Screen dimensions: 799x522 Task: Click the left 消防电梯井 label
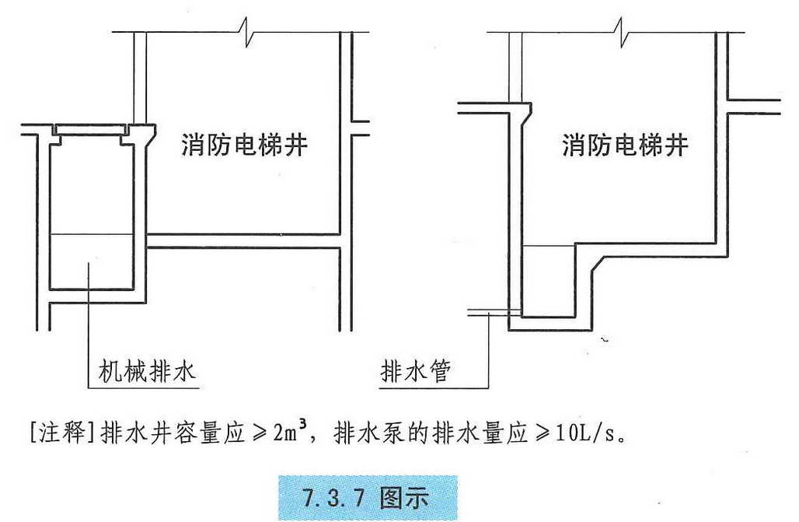point(245,145)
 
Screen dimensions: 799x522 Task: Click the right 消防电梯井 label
point(625,145)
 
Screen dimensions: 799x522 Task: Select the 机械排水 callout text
point(147,371)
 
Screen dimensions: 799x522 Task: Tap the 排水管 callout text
point(415,371)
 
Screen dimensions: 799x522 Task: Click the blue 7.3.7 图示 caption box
point(368,498)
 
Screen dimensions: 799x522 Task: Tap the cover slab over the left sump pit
point(91,130)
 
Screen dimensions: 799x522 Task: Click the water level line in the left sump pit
point(92,234)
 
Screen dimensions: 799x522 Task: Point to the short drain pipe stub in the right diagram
point(494,312)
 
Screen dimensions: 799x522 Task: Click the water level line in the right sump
point(548,246)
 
